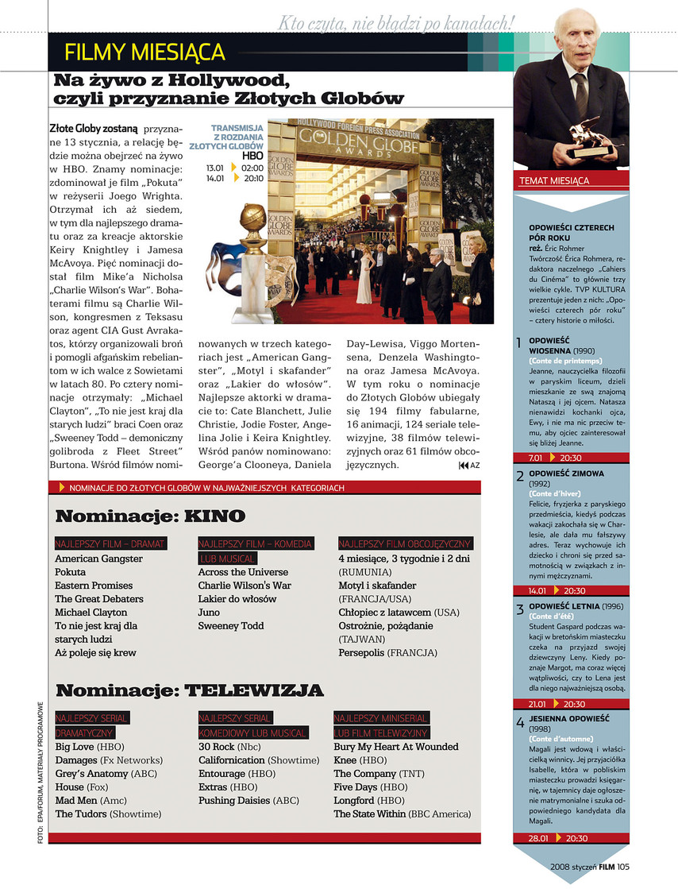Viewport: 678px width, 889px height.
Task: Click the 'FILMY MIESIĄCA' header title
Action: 145,53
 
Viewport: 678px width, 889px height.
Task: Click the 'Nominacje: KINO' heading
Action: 150,516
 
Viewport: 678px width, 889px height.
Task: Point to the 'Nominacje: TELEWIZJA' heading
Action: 190,690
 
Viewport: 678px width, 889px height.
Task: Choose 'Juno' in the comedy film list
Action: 210,613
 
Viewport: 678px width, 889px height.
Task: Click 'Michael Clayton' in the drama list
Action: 91,613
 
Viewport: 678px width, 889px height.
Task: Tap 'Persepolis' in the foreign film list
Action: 362,652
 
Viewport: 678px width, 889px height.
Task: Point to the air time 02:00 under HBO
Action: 252,168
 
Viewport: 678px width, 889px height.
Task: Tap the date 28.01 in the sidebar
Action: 538,838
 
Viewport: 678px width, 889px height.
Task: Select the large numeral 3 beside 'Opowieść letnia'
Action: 519,610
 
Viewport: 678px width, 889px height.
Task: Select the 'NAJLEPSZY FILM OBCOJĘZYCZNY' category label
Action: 405,544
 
